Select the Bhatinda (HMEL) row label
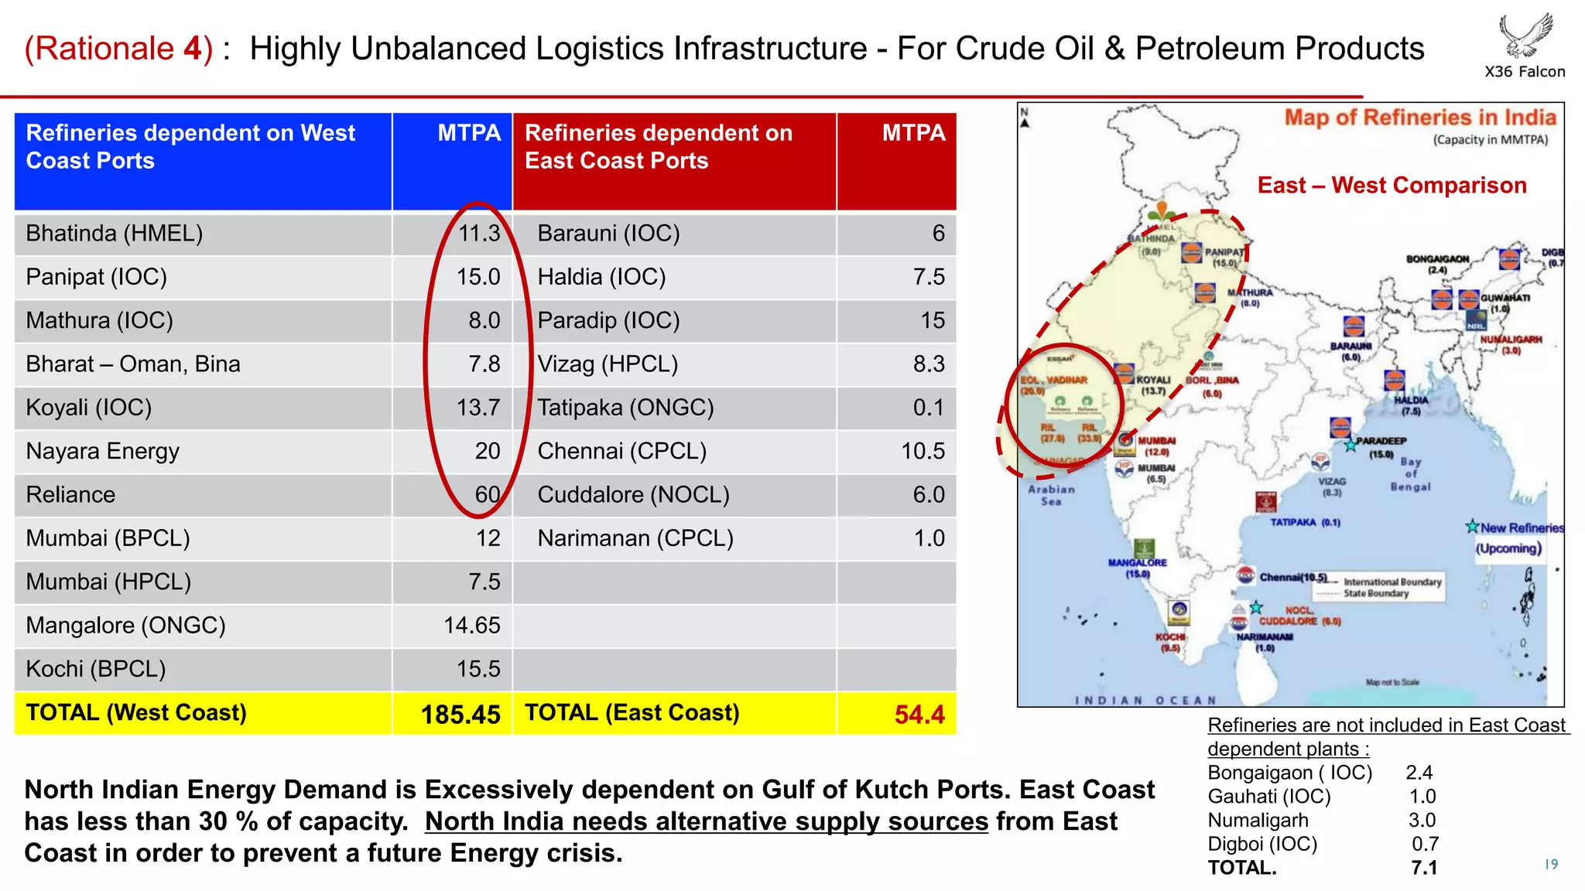click(x=115, y=234)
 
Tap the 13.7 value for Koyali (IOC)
click(x=478, y=408)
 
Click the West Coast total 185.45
click(x=460, y=714)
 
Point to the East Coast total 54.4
click(x=919, y=714)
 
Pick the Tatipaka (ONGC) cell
click(x=625, y=408)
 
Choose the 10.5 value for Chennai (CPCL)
click(x=923, y=451)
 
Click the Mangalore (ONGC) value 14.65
click(x=472, y=625)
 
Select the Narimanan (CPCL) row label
click(x=635, y=538)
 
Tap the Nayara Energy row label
click(x=103, y=451)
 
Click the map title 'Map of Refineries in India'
click(x=1420, y=118)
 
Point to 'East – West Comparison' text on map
click(x=1392, y=186)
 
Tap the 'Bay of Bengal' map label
click(x=1410, y=474)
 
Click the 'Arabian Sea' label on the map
click(x=1051, y=495)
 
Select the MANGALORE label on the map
click(x=1137, y=563)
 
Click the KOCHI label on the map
click(x=1170, y=637)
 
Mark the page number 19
click(x=1551, y=864)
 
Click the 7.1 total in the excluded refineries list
click(x=1424, y=868)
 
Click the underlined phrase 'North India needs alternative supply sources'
click(x=707, y=821)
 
